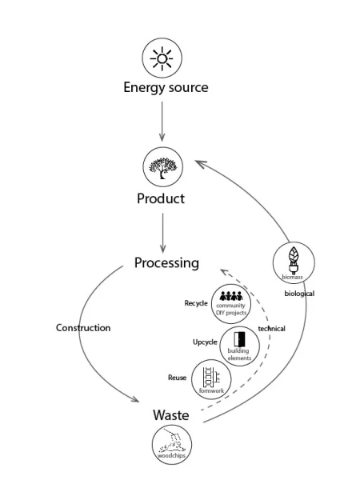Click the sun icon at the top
162,58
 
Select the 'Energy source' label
165,87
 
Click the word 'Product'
161,198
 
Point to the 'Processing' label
166,263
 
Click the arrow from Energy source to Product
162,123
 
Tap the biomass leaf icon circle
293,262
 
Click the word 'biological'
299,294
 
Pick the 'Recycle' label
196,304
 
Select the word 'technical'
271,329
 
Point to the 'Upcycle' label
204,342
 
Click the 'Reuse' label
177,376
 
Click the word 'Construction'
83,328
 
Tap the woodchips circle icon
171,445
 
